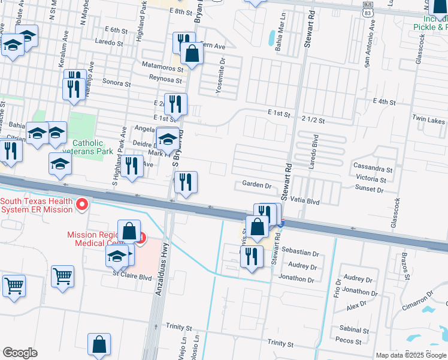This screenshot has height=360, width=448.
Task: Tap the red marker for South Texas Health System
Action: click(x=82, y=205)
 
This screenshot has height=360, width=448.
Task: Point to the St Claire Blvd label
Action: click(x=133, y=277)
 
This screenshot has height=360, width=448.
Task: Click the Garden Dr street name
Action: click(x=256, y=185)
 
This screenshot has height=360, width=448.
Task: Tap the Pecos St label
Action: click(x=349, y=341)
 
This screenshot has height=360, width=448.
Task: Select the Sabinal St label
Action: click(x=353, y=330)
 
